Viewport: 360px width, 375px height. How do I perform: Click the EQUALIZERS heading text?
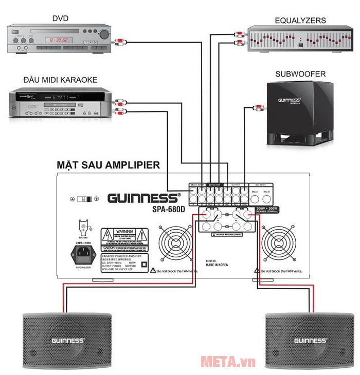300,21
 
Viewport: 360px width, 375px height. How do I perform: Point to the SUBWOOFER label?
300,74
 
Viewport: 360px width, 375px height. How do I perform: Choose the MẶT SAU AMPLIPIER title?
108,165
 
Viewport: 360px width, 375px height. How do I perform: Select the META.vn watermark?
227,362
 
